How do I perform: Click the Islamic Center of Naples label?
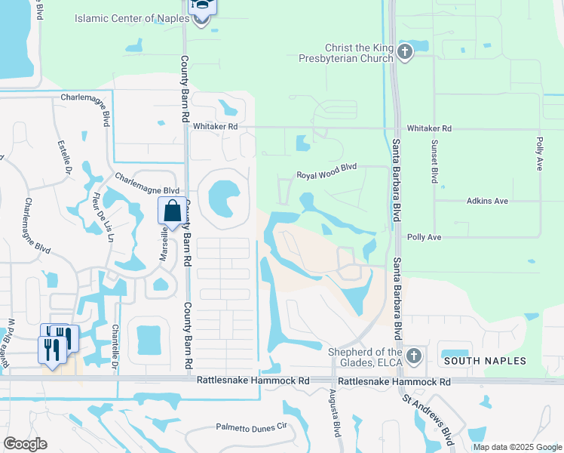tap(136, 18)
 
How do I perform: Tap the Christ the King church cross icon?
tap(405, 52)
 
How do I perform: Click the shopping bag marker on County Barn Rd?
tap(172, 211)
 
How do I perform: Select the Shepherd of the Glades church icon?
tap(412, 355)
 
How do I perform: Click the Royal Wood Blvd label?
tap(326, 175)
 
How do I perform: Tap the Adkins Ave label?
tap(487, 202)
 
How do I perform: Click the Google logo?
tap(26, 444)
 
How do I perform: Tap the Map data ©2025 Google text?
tap(516, 447)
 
